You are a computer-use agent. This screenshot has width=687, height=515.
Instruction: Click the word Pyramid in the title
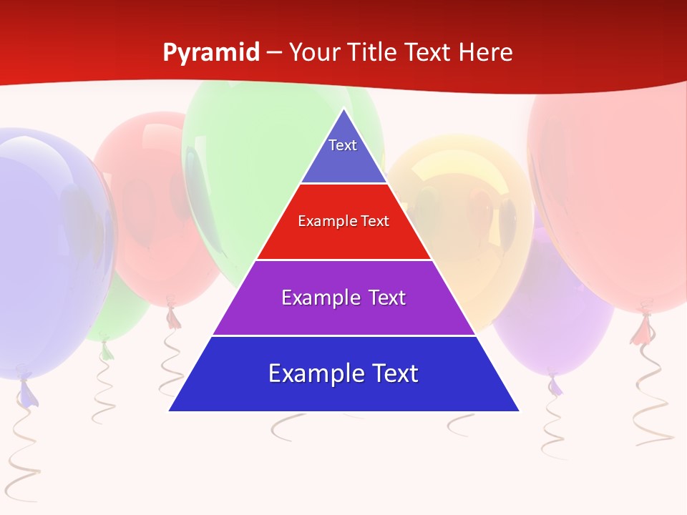coord(211,53)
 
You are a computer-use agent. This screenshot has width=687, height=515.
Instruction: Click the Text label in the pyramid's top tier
coord(343,145)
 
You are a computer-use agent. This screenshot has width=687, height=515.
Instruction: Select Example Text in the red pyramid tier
coord(343,221)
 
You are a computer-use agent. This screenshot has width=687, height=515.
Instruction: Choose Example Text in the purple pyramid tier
coord(343,298)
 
